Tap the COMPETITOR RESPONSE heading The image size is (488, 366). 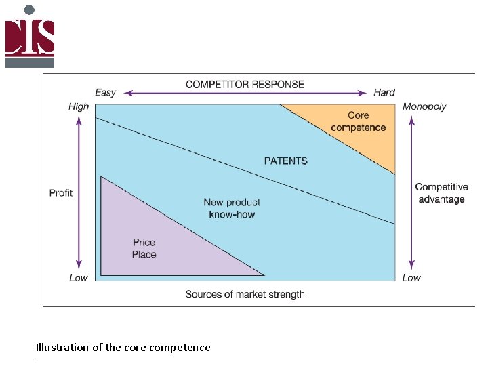point(245,85)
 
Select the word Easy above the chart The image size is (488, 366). point(105,92)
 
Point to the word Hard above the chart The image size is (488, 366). point(384,92)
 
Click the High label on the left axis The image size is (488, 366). point(79,106)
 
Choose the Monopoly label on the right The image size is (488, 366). point(424,106)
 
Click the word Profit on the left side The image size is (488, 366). point(61,193)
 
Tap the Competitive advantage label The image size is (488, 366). point(441,193)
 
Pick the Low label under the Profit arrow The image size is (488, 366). point(79,278)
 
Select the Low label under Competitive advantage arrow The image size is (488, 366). point(411,278)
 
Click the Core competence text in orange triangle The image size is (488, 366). point(359,121)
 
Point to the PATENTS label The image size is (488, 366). point(285,161)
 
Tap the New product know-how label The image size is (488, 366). point(232,208)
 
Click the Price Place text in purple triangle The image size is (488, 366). point(144,248)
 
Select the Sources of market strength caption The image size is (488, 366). point(245,294)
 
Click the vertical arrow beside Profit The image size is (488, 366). point(79,192)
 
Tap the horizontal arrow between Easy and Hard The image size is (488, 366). point(245,93)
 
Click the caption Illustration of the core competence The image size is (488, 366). point(123,347)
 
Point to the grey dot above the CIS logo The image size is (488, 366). point(29,10)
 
